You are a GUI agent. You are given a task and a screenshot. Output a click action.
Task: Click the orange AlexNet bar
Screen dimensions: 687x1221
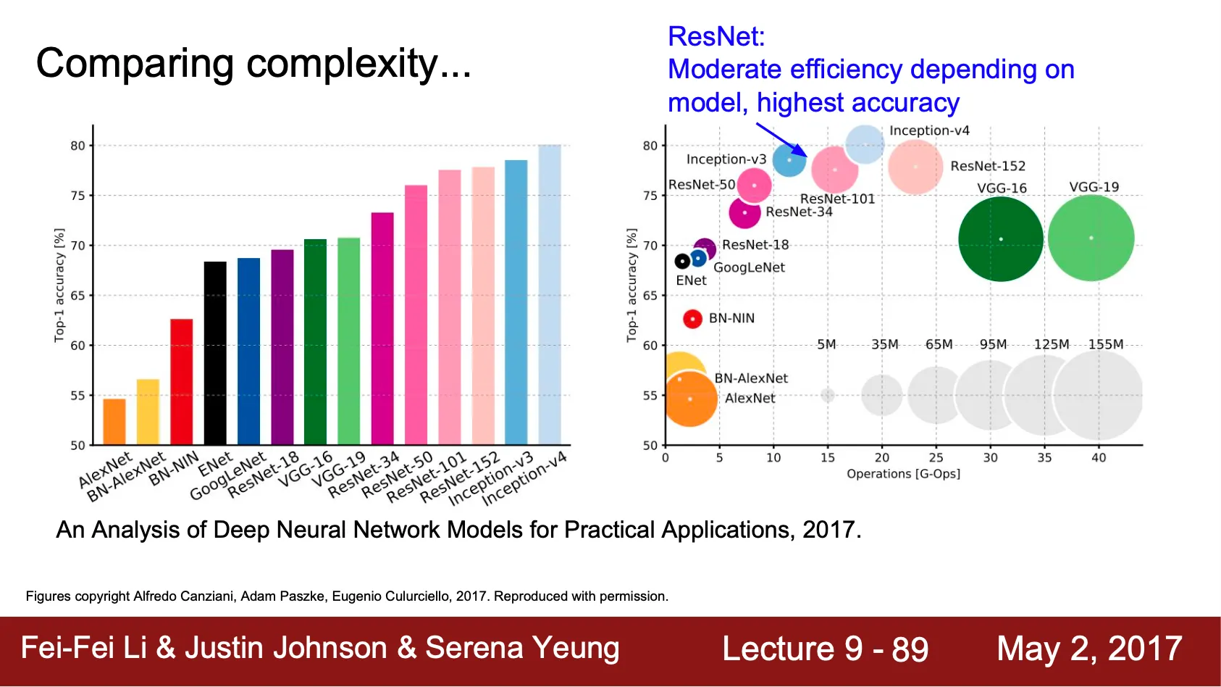tap(114, 422)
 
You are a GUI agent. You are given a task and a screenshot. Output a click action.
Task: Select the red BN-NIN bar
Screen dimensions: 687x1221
tap(181, 382)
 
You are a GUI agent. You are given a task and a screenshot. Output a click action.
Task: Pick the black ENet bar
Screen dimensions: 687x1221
tap(215, 353)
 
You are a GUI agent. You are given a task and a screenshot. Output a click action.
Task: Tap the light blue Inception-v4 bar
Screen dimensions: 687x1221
tap(550, 294)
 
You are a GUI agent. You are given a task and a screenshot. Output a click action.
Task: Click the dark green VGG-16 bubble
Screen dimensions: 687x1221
tap(1001, 239)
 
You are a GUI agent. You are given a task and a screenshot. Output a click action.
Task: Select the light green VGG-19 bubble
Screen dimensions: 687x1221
tap(1091, 238)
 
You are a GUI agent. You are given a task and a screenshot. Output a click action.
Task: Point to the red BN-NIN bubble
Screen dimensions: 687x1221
tap(693, 319)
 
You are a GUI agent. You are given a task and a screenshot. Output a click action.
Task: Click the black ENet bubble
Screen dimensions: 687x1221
tap(682, 261)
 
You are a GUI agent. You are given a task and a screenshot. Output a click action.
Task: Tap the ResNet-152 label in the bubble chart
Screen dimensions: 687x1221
tap(988, 166)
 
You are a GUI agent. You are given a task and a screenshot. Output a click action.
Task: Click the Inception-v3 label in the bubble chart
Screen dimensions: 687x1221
tap(726, 159)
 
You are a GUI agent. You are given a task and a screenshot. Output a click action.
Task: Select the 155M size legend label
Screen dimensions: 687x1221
tap(1106, 344)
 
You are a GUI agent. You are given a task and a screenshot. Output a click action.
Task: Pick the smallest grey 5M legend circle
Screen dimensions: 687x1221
tap(827, 395)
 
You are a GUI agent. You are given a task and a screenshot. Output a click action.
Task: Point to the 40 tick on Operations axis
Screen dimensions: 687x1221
tap(1099, 457)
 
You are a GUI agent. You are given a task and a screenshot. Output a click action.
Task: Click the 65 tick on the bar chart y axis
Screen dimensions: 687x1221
tap(77, 296)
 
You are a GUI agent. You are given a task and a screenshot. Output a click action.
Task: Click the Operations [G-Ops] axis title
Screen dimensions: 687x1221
tap(903, 474)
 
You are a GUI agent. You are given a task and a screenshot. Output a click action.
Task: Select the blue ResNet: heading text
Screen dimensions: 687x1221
tap(716, 36)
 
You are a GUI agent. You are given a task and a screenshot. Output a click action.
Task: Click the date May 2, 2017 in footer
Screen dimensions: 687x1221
tap(1089, 649)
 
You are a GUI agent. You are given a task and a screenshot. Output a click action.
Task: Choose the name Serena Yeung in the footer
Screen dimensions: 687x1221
tap(522, 649)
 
